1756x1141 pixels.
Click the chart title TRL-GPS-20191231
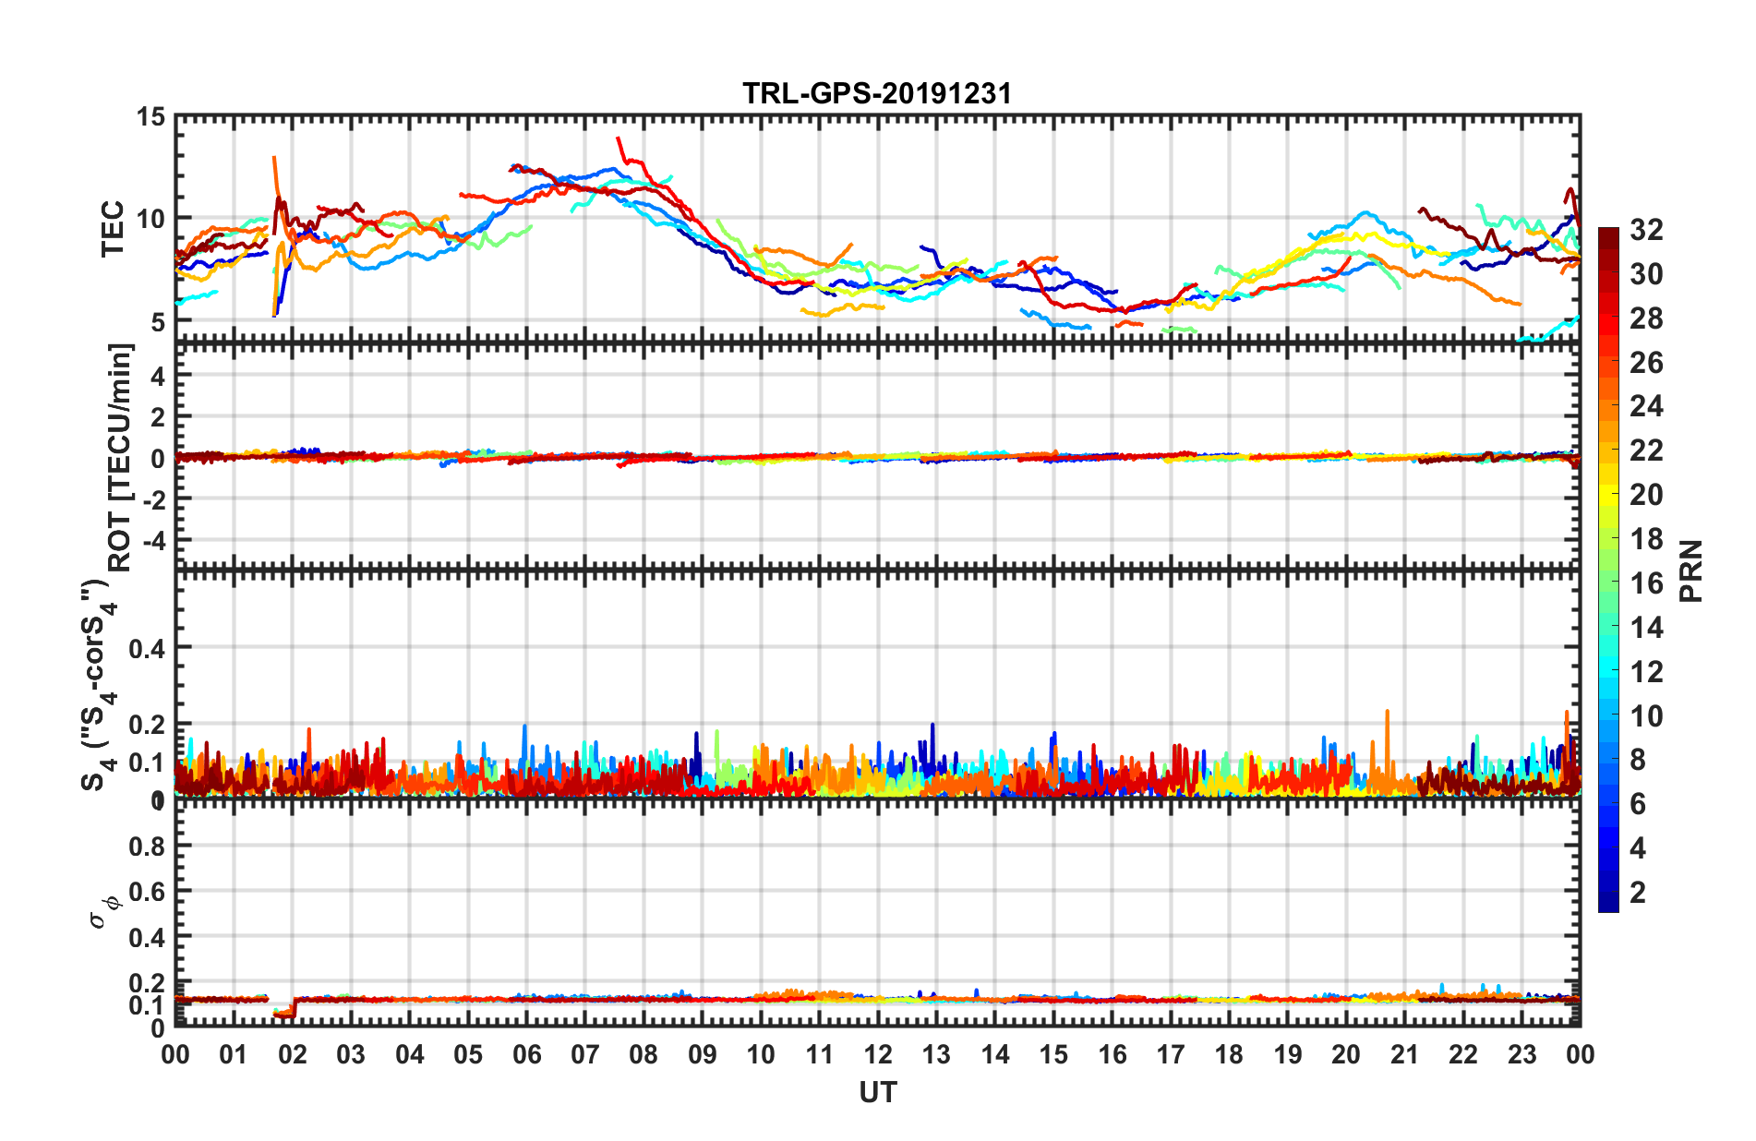coord(877,93)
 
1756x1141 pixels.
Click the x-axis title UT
coord(877,1093)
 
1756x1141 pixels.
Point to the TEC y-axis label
coord(113,228)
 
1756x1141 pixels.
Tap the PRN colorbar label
coord(1690,571)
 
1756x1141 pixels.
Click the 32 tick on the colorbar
coord(1646,230)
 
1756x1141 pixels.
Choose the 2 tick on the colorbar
coord(1638,893)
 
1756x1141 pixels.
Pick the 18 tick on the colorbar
coord(1646,539)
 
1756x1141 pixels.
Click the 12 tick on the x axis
coord(878,1054)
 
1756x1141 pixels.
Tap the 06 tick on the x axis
coord(526,1054)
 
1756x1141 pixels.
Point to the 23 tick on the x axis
coord(1521,1054)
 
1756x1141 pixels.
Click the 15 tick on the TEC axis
coord(150,117)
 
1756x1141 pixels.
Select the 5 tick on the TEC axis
coord(157,322)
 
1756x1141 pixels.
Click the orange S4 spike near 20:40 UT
coord(1387,713)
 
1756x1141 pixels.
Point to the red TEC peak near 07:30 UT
coord(619,139)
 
